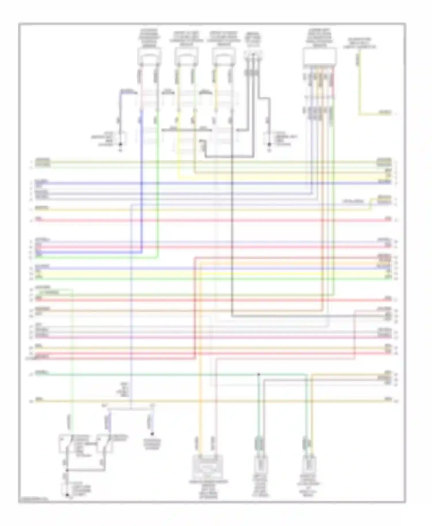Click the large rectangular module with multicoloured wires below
[320, 56]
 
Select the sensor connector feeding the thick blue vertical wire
[149, 56]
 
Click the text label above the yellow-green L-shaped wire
[359, 43]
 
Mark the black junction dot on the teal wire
[258, 374]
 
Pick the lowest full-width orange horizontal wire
[213, 401]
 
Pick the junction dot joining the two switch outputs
[67, 470]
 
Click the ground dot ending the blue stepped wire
[121, 144]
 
